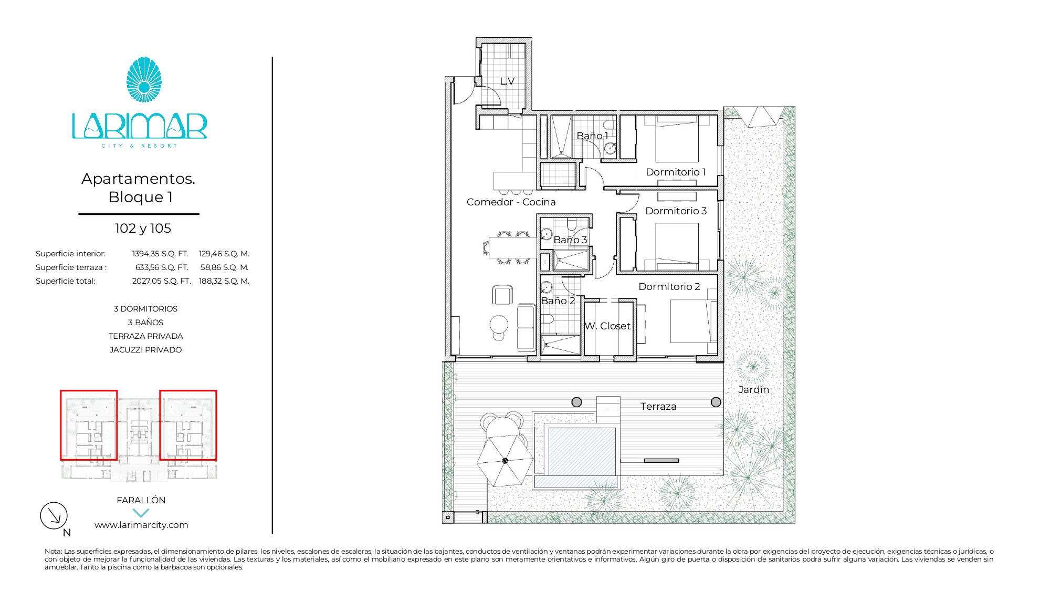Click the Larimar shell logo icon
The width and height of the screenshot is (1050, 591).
144,80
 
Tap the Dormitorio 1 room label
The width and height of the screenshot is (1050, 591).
676,172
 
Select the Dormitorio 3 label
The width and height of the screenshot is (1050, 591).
676,211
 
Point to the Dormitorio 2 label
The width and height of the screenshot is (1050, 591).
669,286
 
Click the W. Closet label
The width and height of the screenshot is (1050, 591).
607,326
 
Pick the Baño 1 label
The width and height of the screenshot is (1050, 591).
592,136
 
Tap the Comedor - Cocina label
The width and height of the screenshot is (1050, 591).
511,202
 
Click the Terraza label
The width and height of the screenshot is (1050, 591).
658,406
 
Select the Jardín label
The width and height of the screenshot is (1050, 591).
753,389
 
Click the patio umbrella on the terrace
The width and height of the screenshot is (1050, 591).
505,461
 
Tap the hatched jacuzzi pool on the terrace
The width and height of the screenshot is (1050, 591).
582,452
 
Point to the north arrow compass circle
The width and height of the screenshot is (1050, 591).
54,515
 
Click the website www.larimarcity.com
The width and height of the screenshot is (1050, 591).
141,525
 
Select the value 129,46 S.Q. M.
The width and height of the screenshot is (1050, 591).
224,254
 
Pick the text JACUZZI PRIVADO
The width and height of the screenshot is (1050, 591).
145,350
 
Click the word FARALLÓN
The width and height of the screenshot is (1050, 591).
141,500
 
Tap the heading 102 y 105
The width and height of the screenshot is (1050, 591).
143,228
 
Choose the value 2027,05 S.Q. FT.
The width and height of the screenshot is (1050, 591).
161,281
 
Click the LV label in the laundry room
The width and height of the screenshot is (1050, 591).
507,81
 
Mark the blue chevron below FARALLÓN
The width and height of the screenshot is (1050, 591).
141,513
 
